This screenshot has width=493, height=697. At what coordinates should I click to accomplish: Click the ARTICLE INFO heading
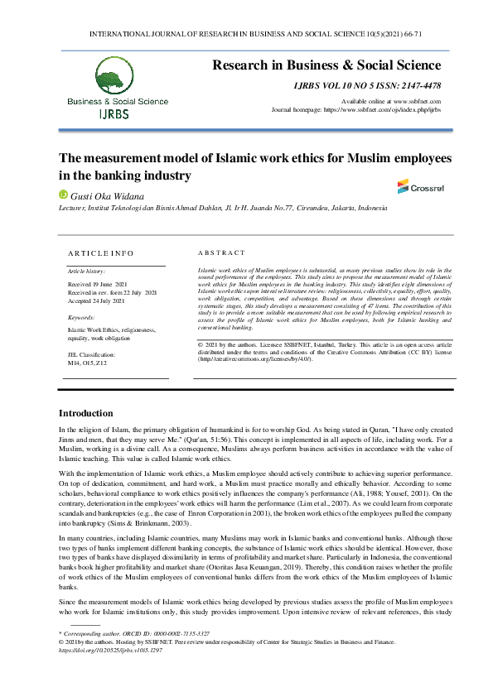coord(100,252)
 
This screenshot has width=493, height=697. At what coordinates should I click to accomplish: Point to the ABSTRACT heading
coord(221,252)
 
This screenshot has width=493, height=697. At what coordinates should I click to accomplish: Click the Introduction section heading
coord(85,413)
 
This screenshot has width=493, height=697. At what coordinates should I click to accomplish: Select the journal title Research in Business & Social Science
coord(326,65)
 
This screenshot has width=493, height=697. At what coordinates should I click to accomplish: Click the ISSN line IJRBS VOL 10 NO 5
coord(367,85)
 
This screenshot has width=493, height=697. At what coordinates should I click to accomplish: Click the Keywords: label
coord(81,317)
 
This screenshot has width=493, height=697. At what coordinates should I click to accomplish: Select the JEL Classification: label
coord(91,353)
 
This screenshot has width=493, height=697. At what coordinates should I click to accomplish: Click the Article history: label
coord(85,271)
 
